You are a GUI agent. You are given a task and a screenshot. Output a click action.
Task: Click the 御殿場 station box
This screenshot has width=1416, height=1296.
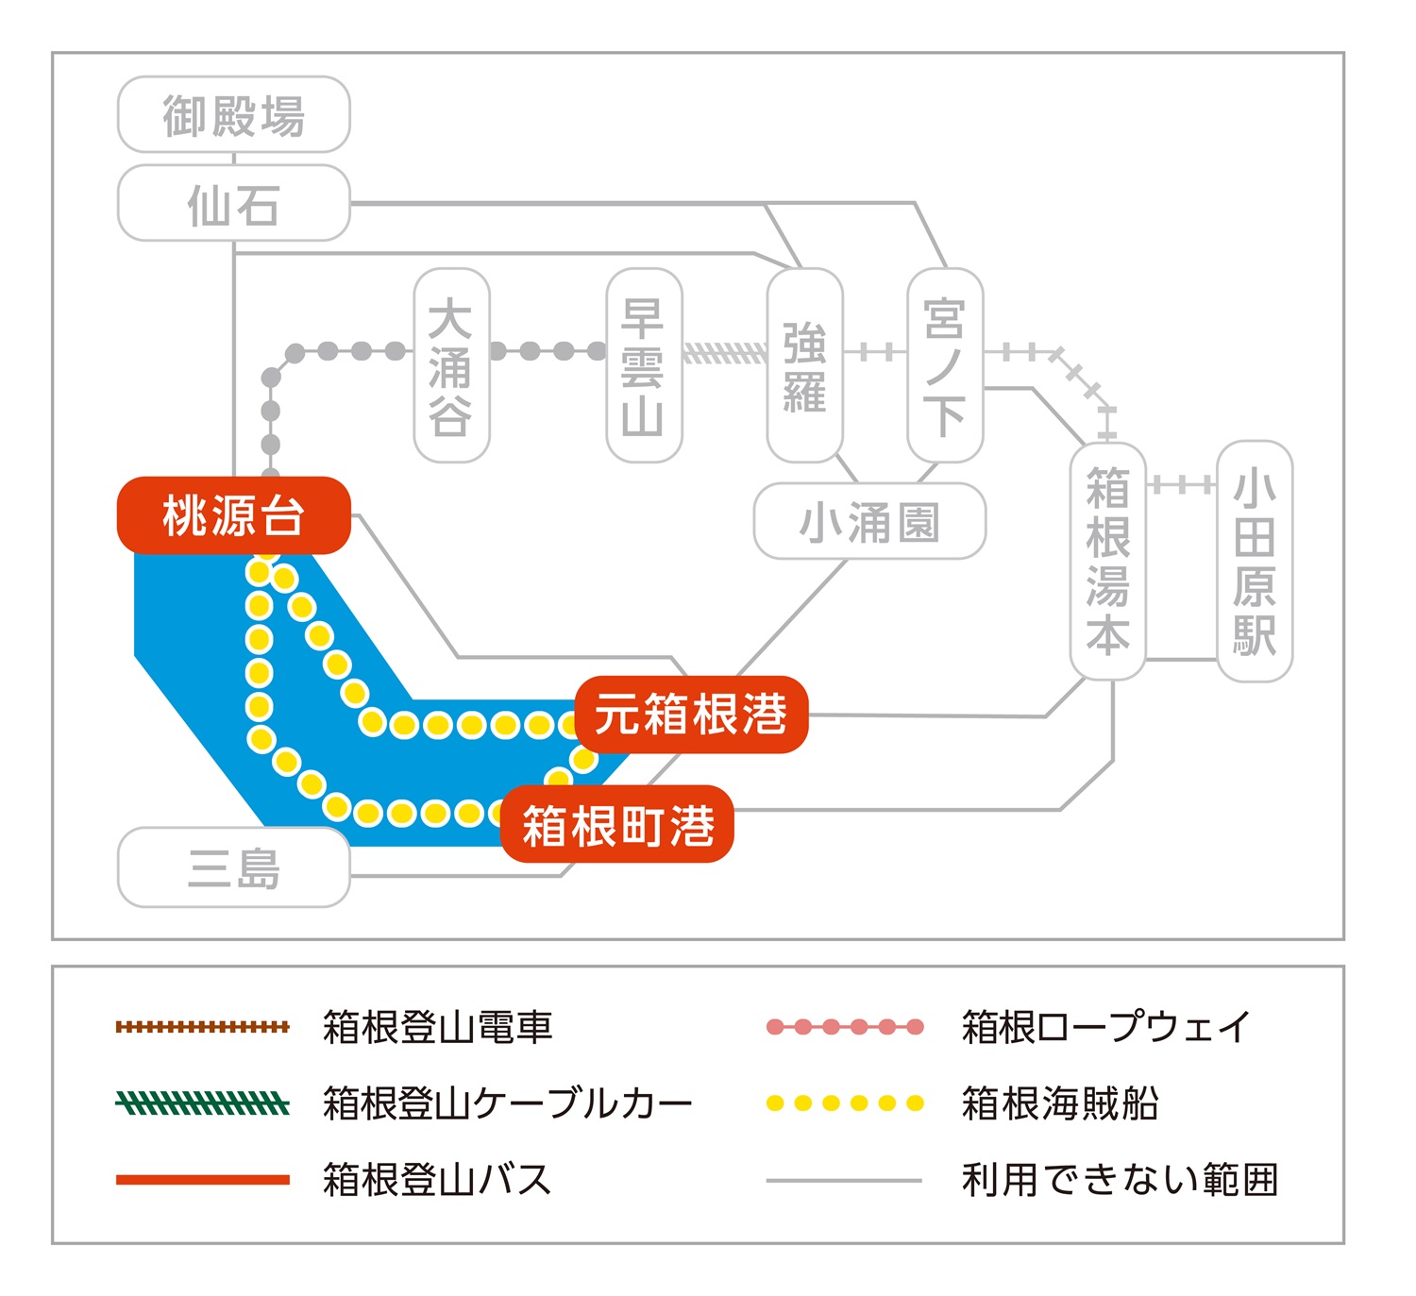[233, 115]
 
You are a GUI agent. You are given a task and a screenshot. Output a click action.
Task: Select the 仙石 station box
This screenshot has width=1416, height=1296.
[233, 204]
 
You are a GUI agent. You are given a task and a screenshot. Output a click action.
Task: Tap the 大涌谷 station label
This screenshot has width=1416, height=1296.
[451, 366]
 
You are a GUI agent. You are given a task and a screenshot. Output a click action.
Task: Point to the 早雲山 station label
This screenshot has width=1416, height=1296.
[644, 366]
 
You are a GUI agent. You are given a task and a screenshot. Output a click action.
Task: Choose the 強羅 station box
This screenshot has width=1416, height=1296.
[804, 366]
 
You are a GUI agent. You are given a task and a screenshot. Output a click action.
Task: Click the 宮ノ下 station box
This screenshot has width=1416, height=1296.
[945, 366]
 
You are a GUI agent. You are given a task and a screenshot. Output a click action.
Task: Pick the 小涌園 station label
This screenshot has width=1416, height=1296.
[869, 522]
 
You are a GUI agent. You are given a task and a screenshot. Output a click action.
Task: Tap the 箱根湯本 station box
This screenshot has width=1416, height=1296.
[1107, 561]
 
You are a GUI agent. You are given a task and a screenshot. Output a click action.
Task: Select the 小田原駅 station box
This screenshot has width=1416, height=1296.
[1255, 561]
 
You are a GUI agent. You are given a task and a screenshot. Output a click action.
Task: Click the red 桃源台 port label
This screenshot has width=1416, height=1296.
[233, 515]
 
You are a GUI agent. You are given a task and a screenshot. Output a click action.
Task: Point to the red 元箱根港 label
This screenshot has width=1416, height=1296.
[691, 715]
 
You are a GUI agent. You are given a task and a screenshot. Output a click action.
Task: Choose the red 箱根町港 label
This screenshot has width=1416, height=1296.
[617, 825]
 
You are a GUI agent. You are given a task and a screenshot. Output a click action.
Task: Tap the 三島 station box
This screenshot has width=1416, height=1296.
[233, 868]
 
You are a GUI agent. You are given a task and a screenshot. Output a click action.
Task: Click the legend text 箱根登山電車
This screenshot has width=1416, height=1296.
[437, 1027]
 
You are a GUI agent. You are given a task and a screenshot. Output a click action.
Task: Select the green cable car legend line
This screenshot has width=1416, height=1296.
[202, 1102]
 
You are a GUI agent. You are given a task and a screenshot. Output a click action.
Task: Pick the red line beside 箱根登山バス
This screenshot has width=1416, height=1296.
[202, 1180]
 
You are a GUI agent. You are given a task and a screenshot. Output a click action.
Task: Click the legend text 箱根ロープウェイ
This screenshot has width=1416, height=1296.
[1105, 1027]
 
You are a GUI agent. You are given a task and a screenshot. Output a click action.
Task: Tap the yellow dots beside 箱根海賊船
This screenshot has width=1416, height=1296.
[845, 1102]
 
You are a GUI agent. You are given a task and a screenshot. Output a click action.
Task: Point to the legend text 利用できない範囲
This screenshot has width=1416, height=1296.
[1120, 1180]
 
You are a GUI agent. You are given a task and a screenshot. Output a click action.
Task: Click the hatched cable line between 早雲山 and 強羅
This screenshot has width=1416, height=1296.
[725, 353]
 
